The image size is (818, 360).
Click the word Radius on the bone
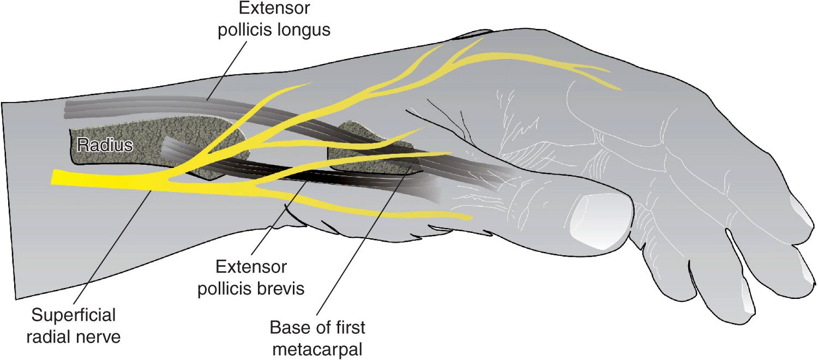click(105, 145)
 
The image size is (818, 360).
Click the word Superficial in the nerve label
click(74, 315)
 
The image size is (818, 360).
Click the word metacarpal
click(317, 350)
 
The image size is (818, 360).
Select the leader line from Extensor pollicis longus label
click(227, 70)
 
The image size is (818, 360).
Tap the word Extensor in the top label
click(274, 8)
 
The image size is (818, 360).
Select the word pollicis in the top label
click(242, 29)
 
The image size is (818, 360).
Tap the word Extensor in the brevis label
click(251, 267)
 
